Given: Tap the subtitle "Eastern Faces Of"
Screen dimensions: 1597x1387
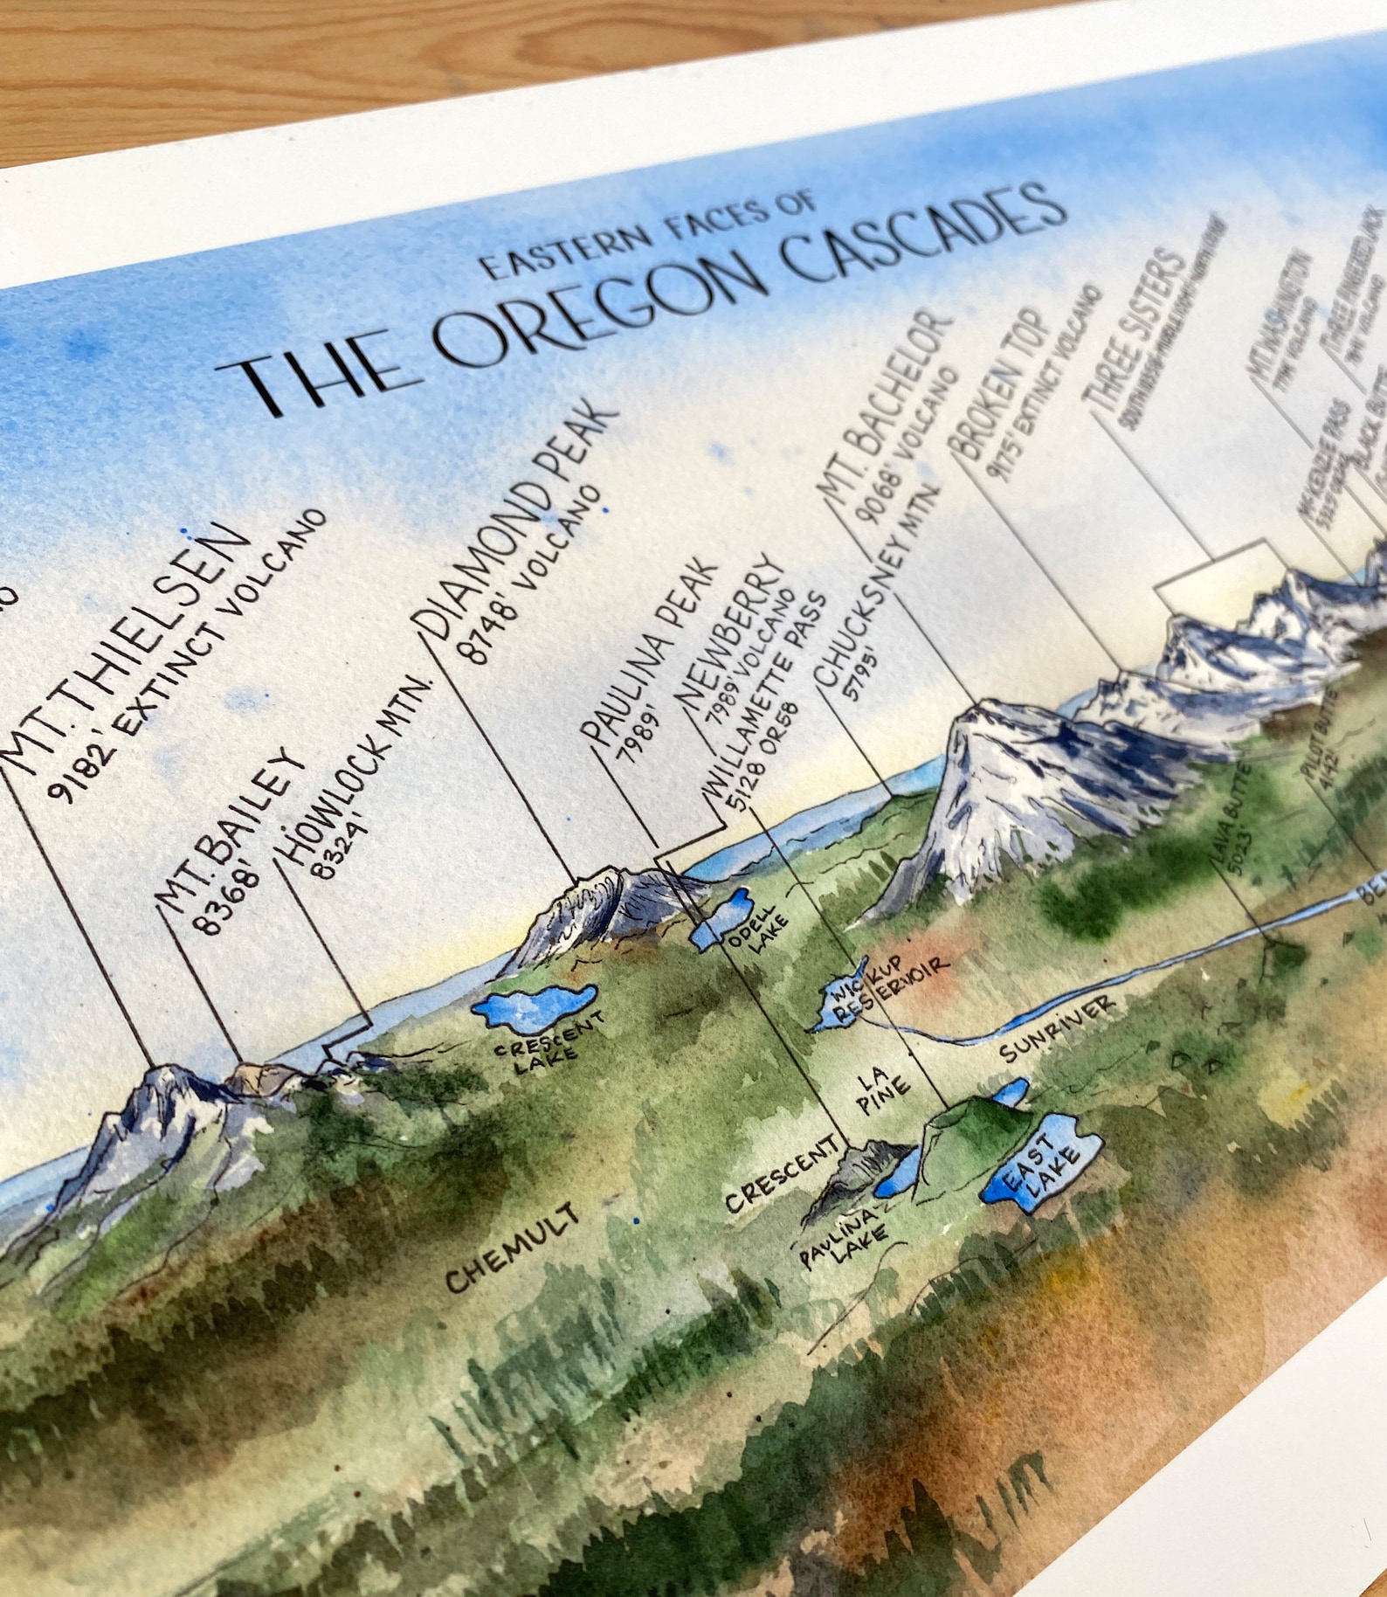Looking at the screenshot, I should (650, 238).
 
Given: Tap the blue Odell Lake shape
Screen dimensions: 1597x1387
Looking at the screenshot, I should (720, 917).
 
